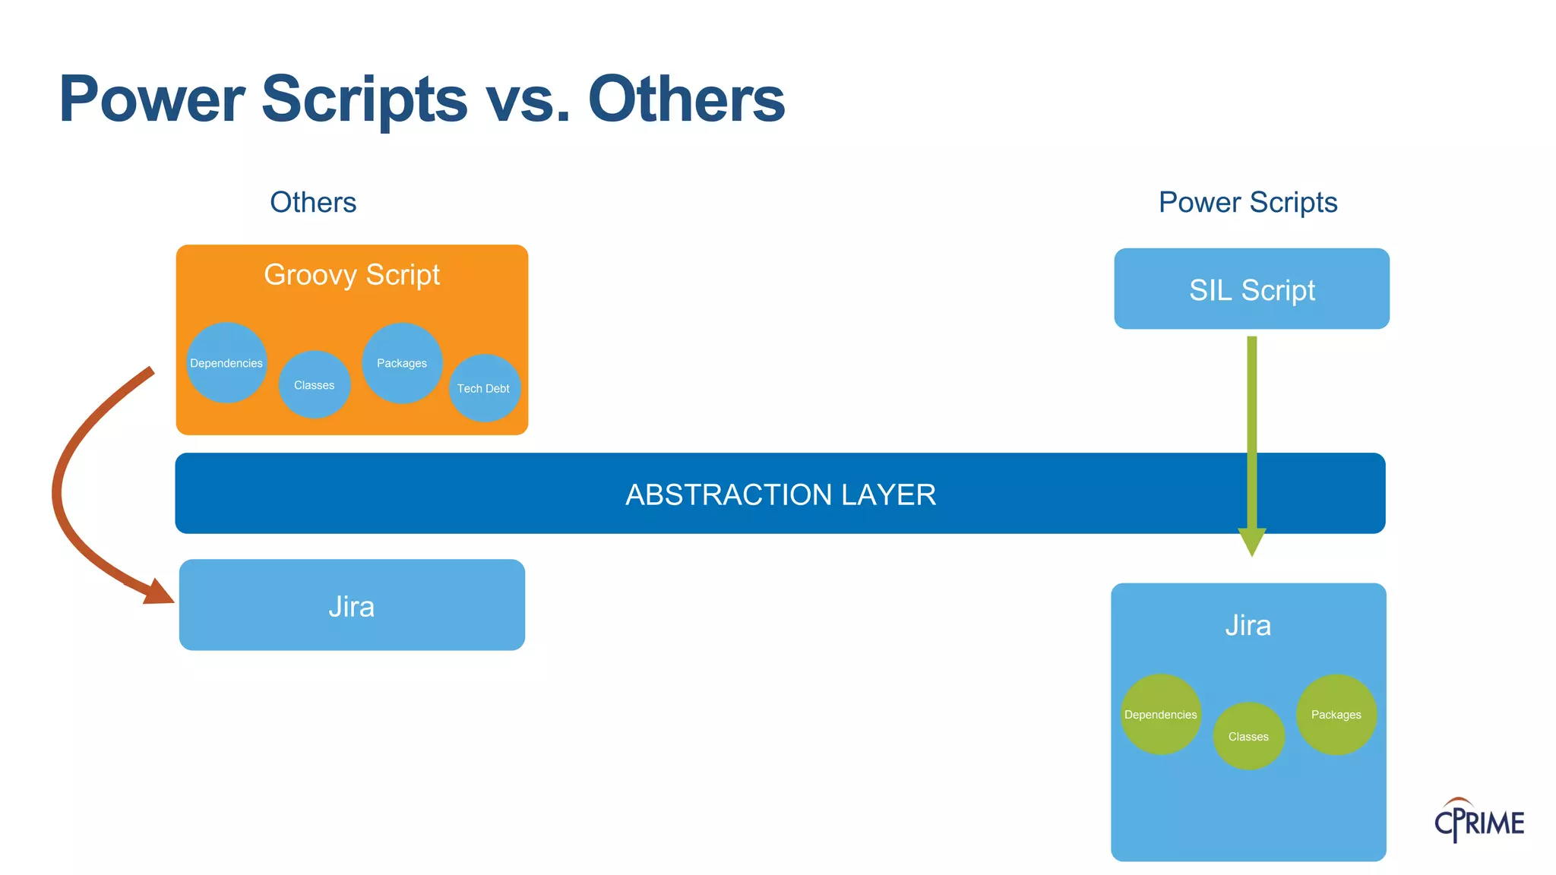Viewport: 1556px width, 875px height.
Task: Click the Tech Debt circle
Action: click(484, 388)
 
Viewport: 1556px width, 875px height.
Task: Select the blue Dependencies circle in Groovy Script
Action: click(226, 363)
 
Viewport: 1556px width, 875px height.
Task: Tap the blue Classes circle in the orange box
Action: click(314, 385)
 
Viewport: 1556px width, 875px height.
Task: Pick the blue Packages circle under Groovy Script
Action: click(402, 363)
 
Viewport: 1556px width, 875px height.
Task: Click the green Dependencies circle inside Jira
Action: click(1160, 715)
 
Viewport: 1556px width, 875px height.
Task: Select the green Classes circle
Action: click(1248, 737)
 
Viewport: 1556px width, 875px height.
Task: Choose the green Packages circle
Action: click(1336, 715)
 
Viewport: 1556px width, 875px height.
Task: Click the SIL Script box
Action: click(1251, 289)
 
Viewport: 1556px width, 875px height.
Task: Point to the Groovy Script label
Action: click(352, 275)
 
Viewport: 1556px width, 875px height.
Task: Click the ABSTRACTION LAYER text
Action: click(780, 494)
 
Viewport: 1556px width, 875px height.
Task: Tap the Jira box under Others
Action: click(352, 605)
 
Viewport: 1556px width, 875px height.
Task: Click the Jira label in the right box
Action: click(1248, 626)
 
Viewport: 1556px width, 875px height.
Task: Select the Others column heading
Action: click(313, 203)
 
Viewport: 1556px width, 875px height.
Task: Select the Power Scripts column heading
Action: click(1248, 203)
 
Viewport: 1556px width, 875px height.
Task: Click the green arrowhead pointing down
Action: click(1251, 541)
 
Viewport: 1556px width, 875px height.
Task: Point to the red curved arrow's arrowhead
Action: click(159, 592)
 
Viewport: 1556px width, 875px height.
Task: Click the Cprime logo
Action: click(1479, 821)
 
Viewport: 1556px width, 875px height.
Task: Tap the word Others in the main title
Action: click(686, 100)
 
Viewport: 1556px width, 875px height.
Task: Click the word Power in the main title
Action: click(152, 100)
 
